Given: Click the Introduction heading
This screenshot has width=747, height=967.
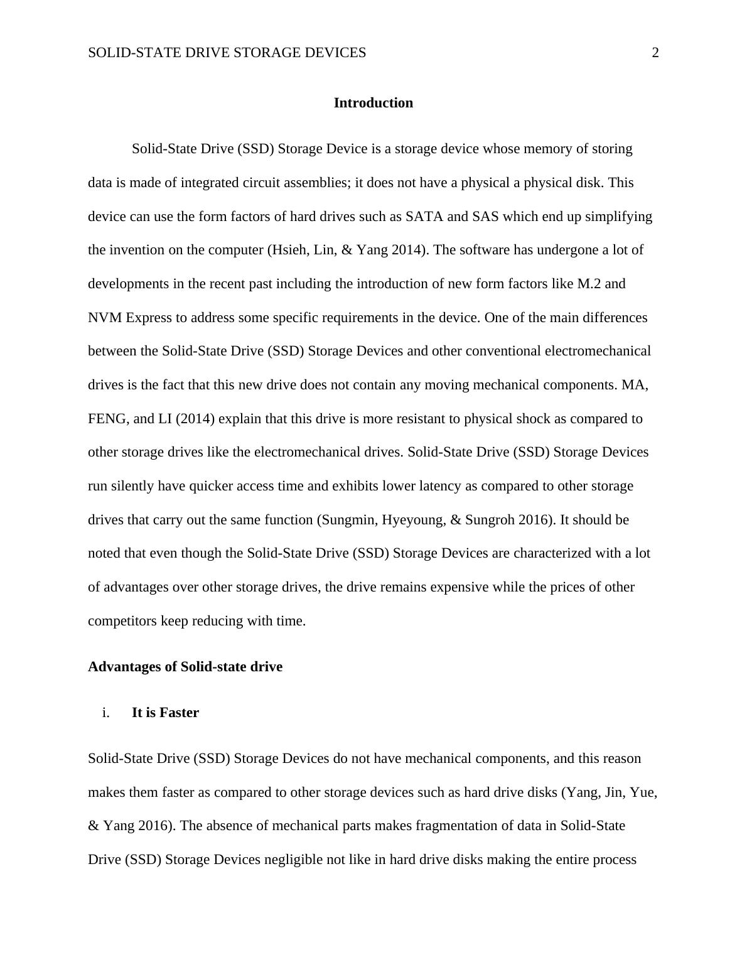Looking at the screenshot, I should (373, 103).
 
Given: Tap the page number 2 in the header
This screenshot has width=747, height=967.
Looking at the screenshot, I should (655, 53).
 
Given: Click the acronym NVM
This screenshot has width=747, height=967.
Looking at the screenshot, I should (105, 318).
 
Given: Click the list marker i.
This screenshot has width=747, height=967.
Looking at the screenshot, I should (105, 713).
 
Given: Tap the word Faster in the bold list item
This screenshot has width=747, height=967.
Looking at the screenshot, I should (179, 713).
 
